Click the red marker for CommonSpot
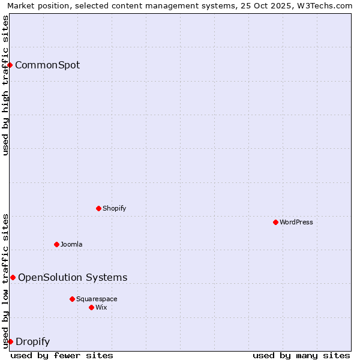click(x=10, y=65)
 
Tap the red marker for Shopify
click(x=98, y=208)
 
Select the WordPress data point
click(x=275, y=222)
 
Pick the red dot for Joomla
click(x=56, y=244)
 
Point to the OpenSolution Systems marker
click(x=13, y=277)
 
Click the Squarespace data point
click(x=72, y=299)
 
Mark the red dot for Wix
click(x=91, y=307)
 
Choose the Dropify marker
click(x=10, y=341)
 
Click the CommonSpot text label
click(x=47, y=65)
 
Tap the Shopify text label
click(x=114, y=208)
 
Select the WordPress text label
click(x=296, y=222)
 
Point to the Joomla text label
click(x=71, y=244)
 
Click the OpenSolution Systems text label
click(x=73, y=277)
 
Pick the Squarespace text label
click(x=97, y=299)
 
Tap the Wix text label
click(x=101, y=307)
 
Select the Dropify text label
click(x=32, y=342)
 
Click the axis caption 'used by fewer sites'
click(x=62, y=355)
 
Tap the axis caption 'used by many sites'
click(x=301, y=355)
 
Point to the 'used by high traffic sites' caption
click(x=5, y=85)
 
